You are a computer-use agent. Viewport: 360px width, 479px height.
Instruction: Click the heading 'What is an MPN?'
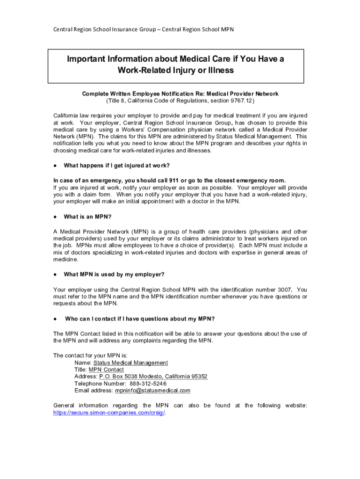(x=88, y=217)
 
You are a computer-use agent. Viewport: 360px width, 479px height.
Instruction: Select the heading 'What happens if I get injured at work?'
(x=116, y=166)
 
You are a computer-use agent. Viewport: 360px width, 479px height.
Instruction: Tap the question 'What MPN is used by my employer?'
(x=114, y=274)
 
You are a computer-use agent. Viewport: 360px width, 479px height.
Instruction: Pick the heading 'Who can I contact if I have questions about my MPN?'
(x=140, y=319)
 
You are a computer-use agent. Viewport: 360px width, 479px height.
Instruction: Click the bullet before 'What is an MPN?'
(x=55, y=217)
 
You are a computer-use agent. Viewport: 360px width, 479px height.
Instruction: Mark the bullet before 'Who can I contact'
(x=55, y=319)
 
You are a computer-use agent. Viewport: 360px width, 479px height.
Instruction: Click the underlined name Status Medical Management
(x=130, y=363)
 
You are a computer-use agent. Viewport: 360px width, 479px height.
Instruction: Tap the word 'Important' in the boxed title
(x=90, y=59)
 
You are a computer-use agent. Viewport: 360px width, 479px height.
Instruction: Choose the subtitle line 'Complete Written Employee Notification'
(x=180, y=94)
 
